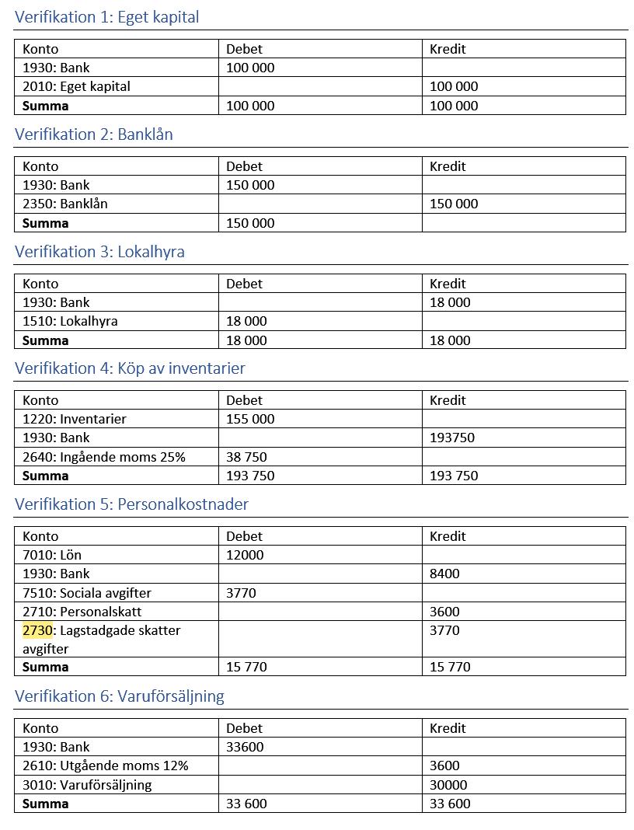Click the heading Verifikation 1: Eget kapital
point(106,17)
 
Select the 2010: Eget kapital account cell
point(76,86)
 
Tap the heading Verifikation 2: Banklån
point(93,134)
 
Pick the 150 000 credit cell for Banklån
point(454,204)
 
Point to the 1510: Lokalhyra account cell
point(70,321)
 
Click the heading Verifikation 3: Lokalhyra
point(99,252)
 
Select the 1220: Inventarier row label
point(74,419)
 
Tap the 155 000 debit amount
point(250,419)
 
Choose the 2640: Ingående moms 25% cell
point(103,457)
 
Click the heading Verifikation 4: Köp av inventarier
point(130,368)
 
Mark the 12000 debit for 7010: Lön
point(245,555)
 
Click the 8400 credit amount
point(444,574)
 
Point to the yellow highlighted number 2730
point(37,630)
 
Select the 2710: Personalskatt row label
point(82,612)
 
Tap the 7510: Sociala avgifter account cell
point(86,593)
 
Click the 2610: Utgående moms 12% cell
point(105,765)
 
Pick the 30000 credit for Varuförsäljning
point(448,785)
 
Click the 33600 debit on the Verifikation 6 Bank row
point(245,747)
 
